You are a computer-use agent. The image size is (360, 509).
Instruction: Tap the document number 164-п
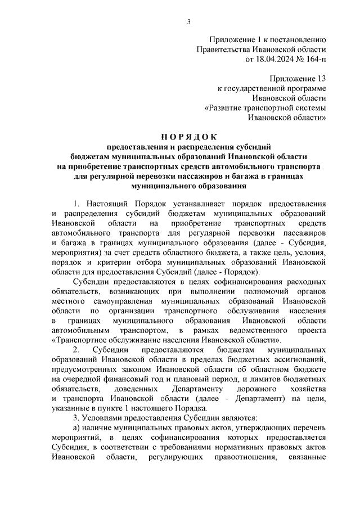[313, 58]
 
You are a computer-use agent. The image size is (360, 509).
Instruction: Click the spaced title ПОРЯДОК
[189, 137]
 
